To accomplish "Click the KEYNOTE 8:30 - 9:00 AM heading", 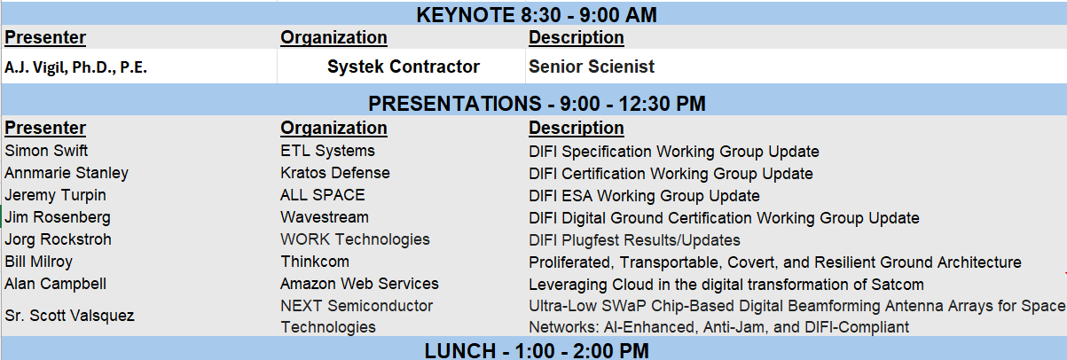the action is point(537,15).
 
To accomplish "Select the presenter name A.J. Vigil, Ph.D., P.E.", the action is point(75,67).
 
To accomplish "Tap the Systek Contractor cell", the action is point(403,67).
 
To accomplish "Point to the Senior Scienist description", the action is point(591,67).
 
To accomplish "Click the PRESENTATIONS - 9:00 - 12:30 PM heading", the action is point(537,104).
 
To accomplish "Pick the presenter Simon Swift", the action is point(46,151).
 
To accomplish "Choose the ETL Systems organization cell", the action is point(327,151).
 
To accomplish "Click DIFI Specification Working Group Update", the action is point(673,152).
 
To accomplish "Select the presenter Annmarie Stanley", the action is point(67,173).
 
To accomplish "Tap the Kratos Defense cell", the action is point(335,172).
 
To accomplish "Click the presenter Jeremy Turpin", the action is point(55,195).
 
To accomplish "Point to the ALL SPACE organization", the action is point(323,195).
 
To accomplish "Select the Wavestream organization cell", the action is point(325,217).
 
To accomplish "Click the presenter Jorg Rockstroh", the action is point(58,239).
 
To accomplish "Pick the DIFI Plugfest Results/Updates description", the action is point(634,240).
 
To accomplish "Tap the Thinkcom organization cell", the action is point(314,262).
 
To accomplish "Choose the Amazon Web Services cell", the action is point(359,284).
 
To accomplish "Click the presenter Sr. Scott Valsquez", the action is point(69,316).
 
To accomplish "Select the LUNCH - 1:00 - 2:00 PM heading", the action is point(537,350).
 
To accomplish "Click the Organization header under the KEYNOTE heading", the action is point(333,37).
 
